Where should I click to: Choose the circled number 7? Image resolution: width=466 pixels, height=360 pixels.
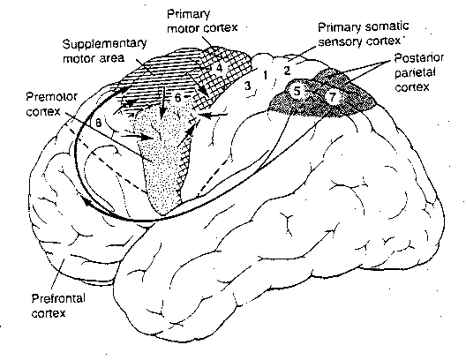(333, 94)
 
